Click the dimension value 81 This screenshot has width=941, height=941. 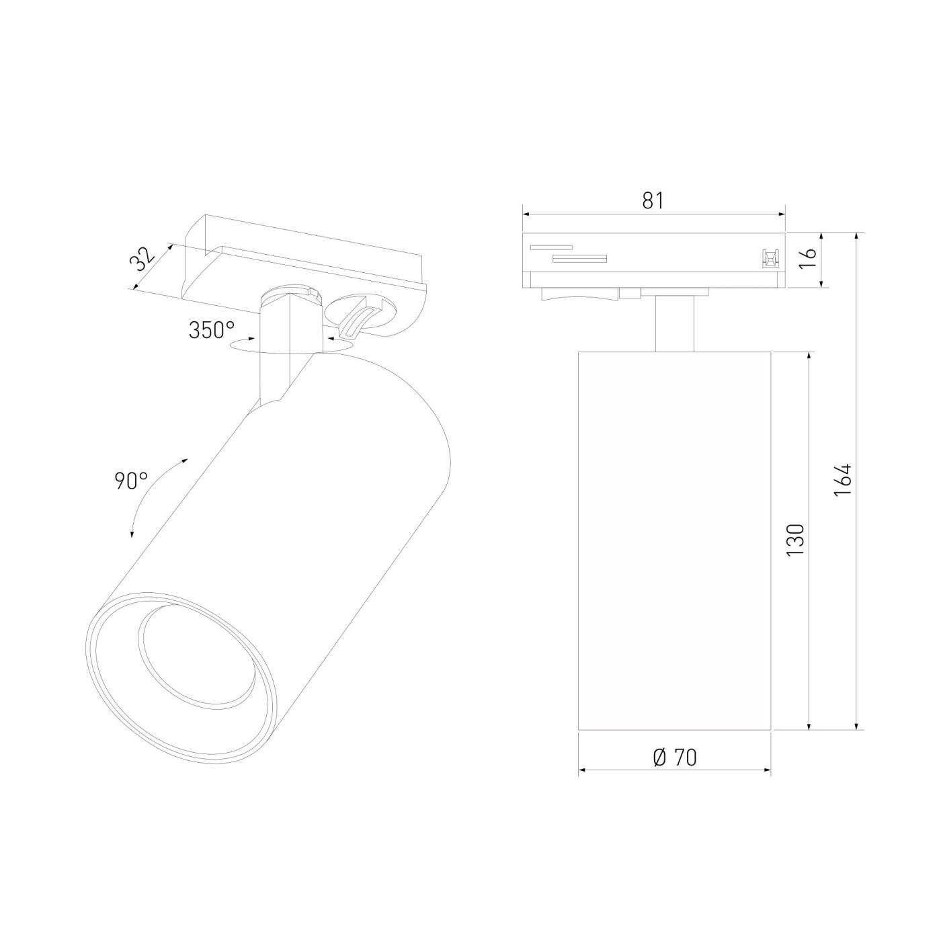coord(653,200)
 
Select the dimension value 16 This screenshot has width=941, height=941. coord(809,259)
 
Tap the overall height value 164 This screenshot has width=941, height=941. coord(843,480)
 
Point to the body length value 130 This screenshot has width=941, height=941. coord(795,540)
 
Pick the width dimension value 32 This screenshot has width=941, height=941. coord(142,260)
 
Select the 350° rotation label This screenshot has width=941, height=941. coord(212,331)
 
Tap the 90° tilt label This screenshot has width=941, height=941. coord(131,481)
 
